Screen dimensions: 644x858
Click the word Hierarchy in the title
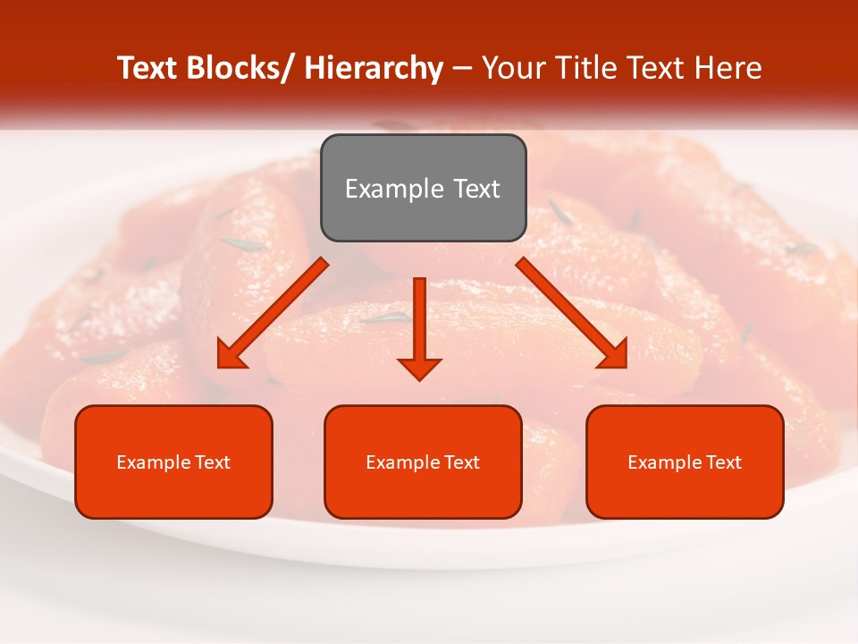[x=373, y=68]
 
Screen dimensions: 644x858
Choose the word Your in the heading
[x=513, y=68]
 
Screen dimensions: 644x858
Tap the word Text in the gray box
[x=477, y=189]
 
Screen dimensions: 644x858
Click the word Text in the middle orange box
[x=460, y=462]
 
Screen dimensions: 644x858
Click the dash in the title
[x=462, y=68]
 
